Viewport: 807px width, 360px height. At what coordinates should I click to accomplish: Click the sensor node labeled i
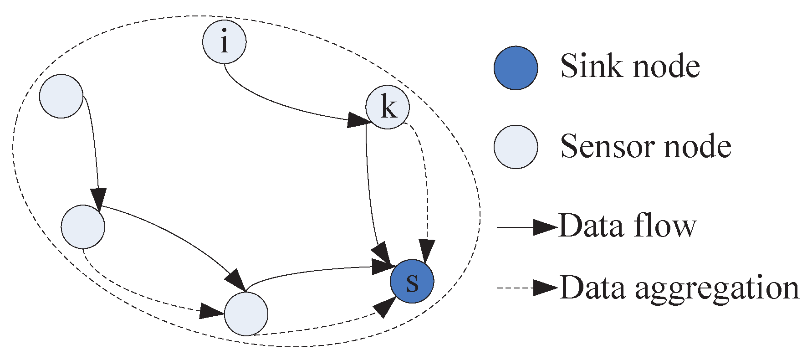pos(224,42)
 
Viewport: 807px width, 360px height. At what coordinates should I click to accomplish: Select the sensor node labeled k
pos(388,108)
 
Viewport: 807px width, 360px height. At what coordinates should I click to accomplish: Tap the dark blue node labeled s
pos(412,281)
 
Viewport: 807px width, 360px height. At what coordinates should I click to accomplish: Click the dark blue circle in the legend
pos(516,67)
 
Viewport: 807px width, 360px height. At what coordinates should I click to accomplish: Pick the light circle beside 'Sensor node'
pos(516,147)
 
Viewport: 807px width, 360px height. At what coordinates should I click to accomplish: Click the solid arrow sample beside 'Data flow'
pos(526,226)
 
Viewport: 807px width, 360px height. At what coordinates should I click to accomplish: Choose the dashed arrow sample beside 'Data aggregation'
pos(526,288)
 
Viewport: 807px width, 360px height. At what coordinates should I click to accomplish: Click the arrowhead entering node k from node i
pos(359,120)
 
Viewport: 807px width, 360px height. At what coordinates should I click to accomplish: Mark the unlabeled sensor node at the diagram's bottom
pos(246,314)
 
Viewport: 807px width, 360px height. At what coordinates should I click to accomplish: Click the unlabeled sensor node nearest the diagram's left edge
pos(61,96)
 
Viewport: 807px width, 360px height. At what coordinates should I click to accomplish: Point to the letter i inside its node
pos(224,42)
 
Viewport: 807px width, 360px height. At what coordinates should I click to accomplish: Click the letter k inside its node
pos(388,108)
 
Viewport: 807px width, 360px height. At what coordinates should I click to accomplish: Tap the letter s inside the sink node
pos(412,282)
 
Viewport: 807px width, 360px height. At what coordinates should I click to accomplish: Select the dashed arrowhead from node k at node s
pos(427,250)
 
